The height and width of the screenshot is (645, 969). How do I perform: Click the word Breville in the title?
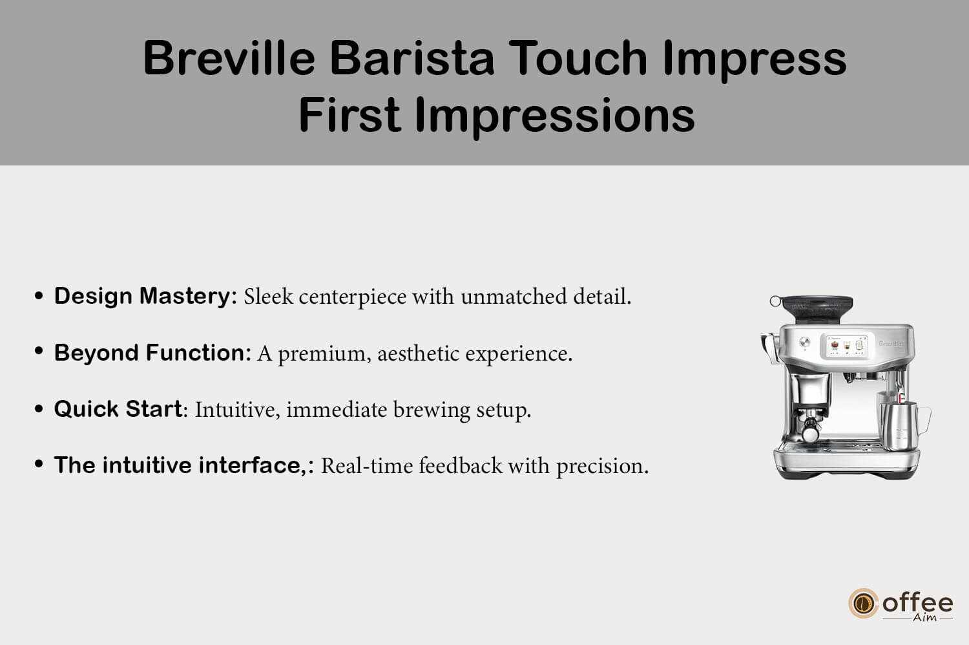[229, 58]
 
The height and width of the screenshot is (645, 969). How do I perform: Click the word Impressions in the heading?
[554, 115]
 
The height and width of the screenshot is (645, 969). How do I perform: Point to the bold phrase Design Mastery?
[145, 297]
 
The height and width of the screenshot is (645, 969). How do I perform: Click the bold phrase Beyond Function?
[152, 352]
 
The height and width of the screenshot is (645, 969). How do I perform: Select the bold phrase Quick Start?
[118, 408]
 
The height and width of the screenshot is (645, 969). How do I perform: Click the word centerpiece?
[352, 297]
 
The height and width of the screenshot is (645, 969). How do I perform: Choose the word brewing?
[432, 410]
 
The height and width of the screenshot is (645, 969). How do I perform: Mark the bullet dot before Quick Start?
[39, 408]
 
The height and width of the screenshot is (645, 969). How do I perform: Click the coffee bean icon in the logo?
[864, 603]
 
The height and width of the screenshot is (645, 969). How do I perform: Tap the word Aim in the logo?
[924, 617]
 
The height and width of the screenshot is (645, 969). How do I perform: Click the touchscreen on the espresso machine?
[846, 346]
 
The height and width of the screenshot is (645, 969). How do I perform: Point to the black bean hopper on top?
[817, 309]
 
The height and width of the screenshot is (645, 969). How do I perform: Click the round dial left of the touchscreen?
[805, 342]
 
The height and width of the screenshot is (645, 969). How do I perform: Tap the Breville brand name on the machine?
[890, 344]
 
